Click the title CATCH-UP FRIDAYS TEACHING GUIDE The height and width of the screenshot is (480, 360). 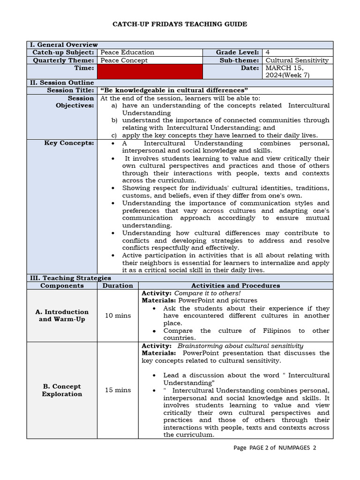[180, 24]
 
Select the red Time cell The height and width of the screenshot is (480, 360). [150, 71]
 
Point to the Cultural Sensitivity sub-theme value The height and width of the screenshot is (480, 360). [297, 60]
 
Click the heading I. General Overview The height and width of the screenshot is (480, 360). [64, 45]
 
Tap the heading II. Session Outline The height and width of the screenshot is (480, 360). [62, 82]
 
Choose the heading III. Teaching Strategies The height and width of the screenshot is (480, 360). [70, 278]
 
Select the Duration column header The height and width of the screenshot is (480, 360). [118, 285]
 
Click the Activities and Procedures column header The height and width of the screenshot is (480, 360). [235, 285]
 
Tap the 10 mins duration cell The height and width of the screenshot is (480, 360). [118, 315]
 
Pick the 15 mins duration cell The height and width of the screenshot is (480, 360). [118, 390]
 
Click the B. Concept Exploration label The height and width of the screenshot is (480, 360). [62, 390]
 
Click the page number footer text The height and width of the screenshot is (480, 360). [275, 448]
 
